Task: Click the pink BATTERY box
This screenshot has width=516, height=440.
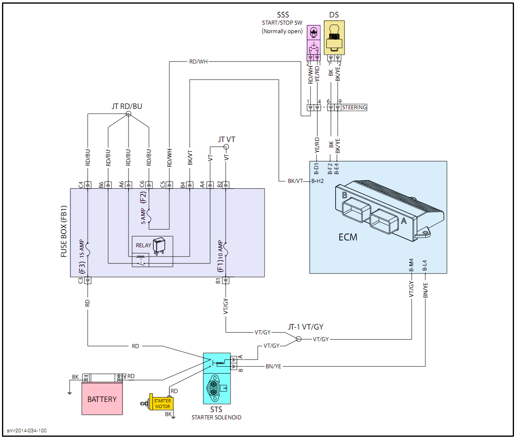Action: (x=102, y=399)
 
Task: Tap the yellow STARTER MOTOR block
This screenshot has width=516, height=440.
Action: (x=162, y=404)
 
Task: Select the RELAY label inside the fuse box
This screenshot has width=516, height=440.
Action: (x=143, y=245)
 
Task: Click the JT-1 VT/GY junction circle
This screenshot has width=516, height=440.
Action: (x=298, y=339)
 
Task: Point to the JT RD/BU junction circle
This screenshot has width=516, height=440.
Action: (x=129, y=114)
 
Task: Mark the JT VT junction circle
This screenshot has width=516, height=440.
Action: (x=226, y=147)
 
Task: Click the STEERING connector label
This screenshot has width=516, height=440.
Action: (x=354, y=107)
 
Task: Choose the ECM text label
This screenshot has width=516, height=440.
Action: (x=348, y=237)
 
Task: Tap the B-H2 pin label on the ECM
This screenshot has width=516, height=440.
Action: (x=317, y=181)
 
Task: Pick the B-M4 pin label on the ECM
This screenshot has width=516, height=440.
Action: (x=411, y=265)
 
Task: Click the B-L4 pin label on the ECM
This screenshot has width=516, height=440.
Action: (x=425, y=266)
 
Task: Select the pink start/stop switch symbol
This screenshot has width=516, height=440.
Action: (x=314, y=40)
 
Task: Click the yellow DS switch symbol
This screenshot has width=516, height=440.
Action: (x=334, y=38)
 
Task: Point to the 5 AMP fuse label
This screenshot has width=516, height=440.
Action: (x=143, y=216)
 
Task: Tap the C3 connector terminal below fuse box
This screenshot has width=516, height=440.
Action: (x=88, y=280)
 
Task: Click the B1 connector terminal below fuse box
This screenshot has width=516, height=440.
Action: (x=226, y=280)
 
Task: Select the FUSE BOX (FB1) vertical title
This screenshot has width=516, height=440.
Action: (x=63, y=231)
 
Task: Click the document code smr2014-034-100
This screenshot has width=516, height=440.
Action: (x=27, y=431)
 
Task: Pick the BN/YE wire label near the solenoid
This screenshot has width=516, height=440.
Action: (x=273, y=366)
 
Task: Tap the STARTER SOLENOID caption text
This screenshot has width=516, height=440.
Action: (x=216, y=417)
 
